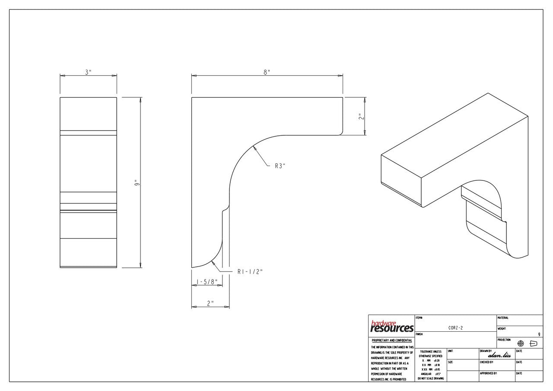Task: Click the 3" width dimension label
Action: tap(88, 72)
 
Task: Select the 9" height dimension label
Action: tap(137, 183)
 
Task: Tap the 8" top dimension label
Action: tap(267, 72)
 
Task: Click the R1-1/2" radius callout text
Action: tap(250, 272)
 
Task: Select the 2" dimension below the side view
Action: tap(210, 303)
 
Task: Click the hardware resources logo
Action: tap(391, 327)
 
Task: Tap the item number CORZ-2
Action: tap(455, 328)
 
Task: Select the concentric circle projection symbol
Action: tap(521, 343)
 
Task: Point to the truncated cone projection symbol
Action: tap(533, 343)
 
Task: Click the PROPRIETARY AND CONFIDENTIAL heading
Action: tap(391, 341)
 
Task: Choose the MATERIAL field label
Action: tap(503, 318)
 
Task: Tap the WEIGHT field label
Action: tap(502, 329)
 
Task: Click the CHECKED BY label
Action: tap(486, 362)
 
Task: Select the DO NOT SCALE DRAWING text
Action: tap(430, 378)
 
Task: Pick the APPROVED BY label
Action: tap(488, 373)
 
